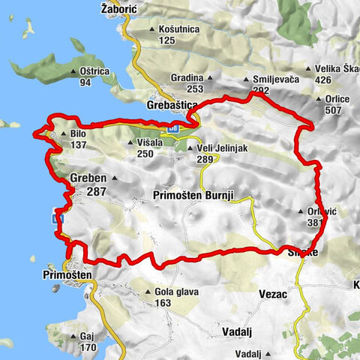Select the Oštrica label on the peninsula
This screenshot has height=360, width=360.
click(94, 72)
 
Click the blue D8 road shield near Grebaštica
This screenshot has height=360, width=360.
click(174, 127)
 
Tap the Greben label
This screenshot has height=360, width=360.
click(88, 178)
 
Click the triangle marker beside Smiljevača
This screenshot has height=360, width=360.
click(247, 79)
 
